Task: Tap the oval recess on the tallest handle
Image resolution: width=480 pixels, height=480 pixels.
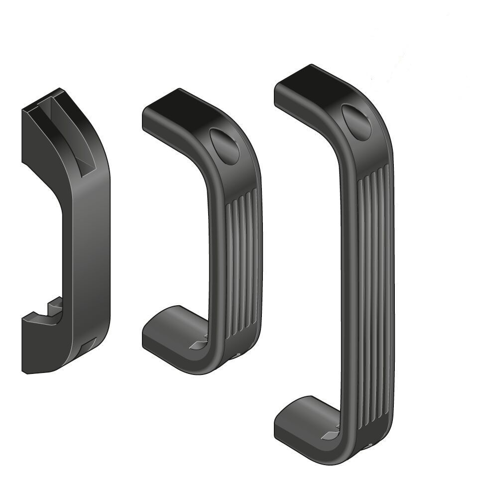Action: (357, 122)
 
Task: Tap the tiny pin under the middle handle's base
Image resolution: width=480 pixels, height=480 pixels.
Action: (238, 356)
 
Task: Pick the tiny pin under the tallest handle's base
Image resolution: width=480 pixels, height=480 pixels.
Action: (370, 446)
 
